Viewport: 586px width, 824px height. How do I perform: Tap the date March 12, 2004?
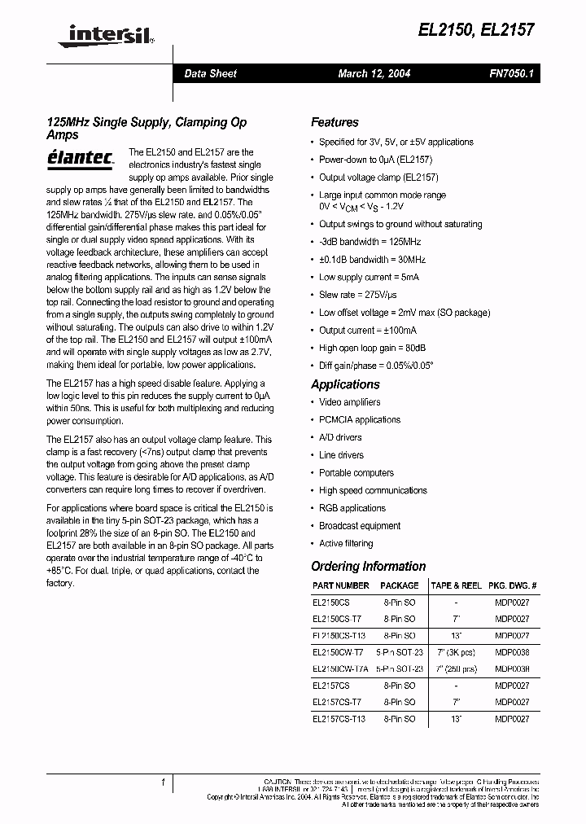[374, 73]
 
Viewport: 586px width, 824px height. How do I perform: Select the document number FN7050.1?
[511, 73]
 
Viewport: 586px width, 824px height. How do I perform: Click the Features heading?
[335, 122]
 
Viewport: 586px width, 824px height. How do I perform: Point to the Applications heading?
[345, 384]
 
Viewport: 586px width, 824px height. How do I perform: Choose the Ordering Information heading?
[368, 566]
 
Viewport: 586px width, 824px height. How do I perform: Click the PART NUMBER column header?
[340, 585]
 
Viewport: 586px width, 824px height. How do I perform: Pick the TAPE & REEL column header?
[457, 585]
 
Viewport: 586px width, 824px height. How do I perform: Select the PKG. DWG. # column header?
[511, 585]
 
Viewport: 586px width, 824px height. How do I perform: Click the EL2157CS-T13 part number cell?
[339, 719]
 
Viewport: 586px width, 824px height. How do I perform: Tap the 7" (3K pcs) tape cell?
[456, 652]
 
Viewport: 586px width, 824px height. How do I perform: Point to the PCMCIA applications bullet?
[359, 420]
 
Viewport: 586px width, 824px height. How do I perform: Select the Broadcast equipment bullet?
[359, 526]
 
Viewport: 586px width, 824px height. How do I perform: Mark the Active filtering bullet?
[346, 543]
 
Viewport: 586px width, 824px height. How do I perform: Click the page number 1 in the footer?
[163, 782]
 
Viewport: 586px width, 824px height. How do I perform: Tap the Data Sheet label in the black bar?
[210, 73]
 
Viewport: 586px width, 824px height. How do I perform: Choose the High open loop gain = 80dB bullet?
[372, 348]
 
